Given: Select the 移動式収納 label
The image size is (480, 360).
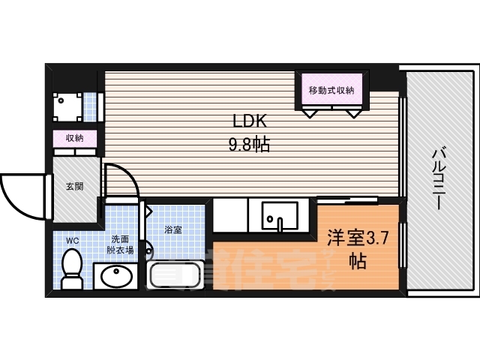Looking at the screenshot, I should tap(331, 91).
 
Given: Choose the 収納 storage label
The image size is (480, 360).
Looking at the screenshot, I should tap(73, 138).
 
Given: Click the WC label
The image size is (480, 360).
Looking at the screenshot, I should tap(72, 241).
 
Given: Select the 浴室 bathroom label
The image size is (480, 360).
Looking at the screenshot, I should tap(172, 229).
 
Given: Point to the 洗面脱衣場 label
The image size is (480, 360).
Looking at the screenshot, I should tap(120, 245).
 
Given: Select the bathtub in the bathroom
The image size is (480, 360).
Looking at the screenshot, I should tap(176, 275).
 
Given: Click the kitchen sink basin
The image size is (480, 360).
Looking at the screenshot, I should tap(279, 215).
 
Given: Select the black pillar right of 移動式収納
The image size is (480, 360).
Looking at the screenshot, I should tap(382, 79).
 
